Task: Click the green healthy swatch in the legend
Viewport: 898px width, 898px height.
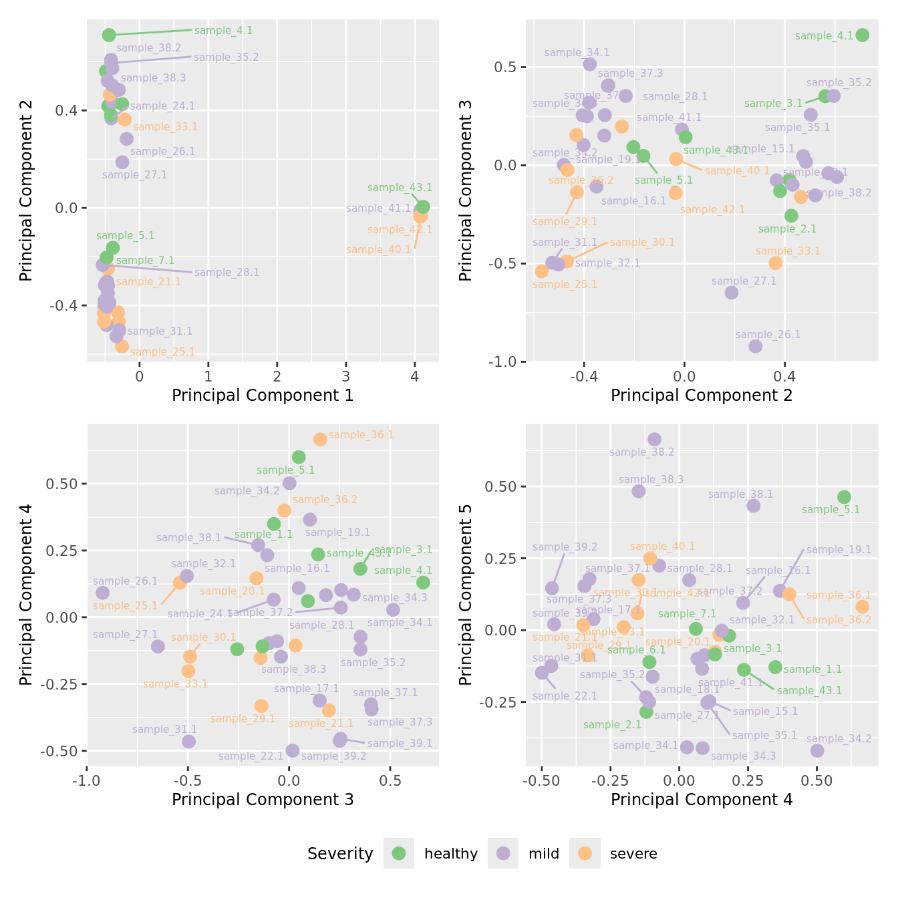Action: (399, 853)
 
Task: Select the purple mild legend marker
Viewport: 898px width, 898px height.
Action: (503, 853)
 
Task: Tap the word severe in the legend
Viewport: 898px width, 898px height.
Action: (633, 854)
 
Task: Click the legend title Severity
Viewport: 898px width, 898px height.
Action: (340, 854)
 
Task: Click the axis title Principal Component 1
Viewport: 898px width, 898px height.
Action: (263, 396)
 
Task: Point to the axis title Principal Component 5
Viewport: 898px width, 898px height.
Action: (466, 594)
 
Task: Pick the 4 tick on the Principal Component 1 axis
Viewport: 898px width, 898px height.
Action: (415, 376)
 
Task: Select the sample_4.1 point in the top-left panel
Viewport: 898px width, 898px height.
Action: (109, 35)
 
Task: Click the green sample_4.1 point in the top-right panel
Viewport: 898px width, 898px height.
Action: (863, 35)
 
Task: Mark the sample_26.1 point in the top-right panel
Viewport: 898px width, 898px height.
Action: (756, 346)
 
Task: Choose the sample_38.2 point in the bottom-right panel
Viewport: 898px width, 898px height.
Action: (654, 439)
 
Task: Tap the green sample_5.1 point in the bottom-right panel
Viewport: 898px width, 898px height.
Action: (844, 497)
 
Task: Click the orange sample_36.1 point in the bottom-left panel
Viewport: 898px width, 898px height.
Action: (320, 439)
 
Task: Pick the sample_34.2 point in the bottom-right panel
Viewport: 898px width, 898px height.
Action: (817, 750)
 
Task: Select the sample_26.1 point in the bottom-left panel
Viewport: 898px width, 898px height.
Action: (102, 593)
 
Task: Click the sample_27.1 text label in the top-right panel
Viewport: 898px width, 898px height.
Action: (744, 281)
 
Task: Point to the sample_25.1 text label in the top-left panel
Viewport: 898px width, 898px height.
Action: (162, 352)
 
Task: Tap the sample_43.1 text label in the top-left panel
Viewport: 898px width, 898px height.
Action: (400, 188)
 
